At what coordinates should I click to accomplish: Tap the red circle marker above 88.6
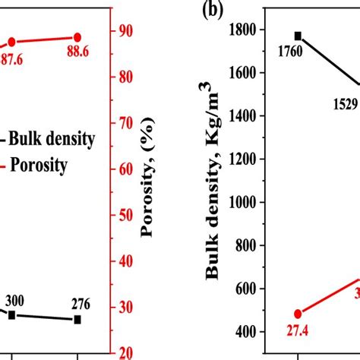coord(77,37)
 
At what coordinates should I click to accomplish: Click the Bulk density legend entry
coord(51,138)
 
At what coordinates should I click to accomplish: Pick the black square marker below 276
coord(77,320)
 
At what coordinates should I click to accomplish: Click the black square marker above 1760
coord(298,36)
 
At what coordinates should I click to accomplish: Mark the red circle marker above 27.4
coord(298,314)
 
